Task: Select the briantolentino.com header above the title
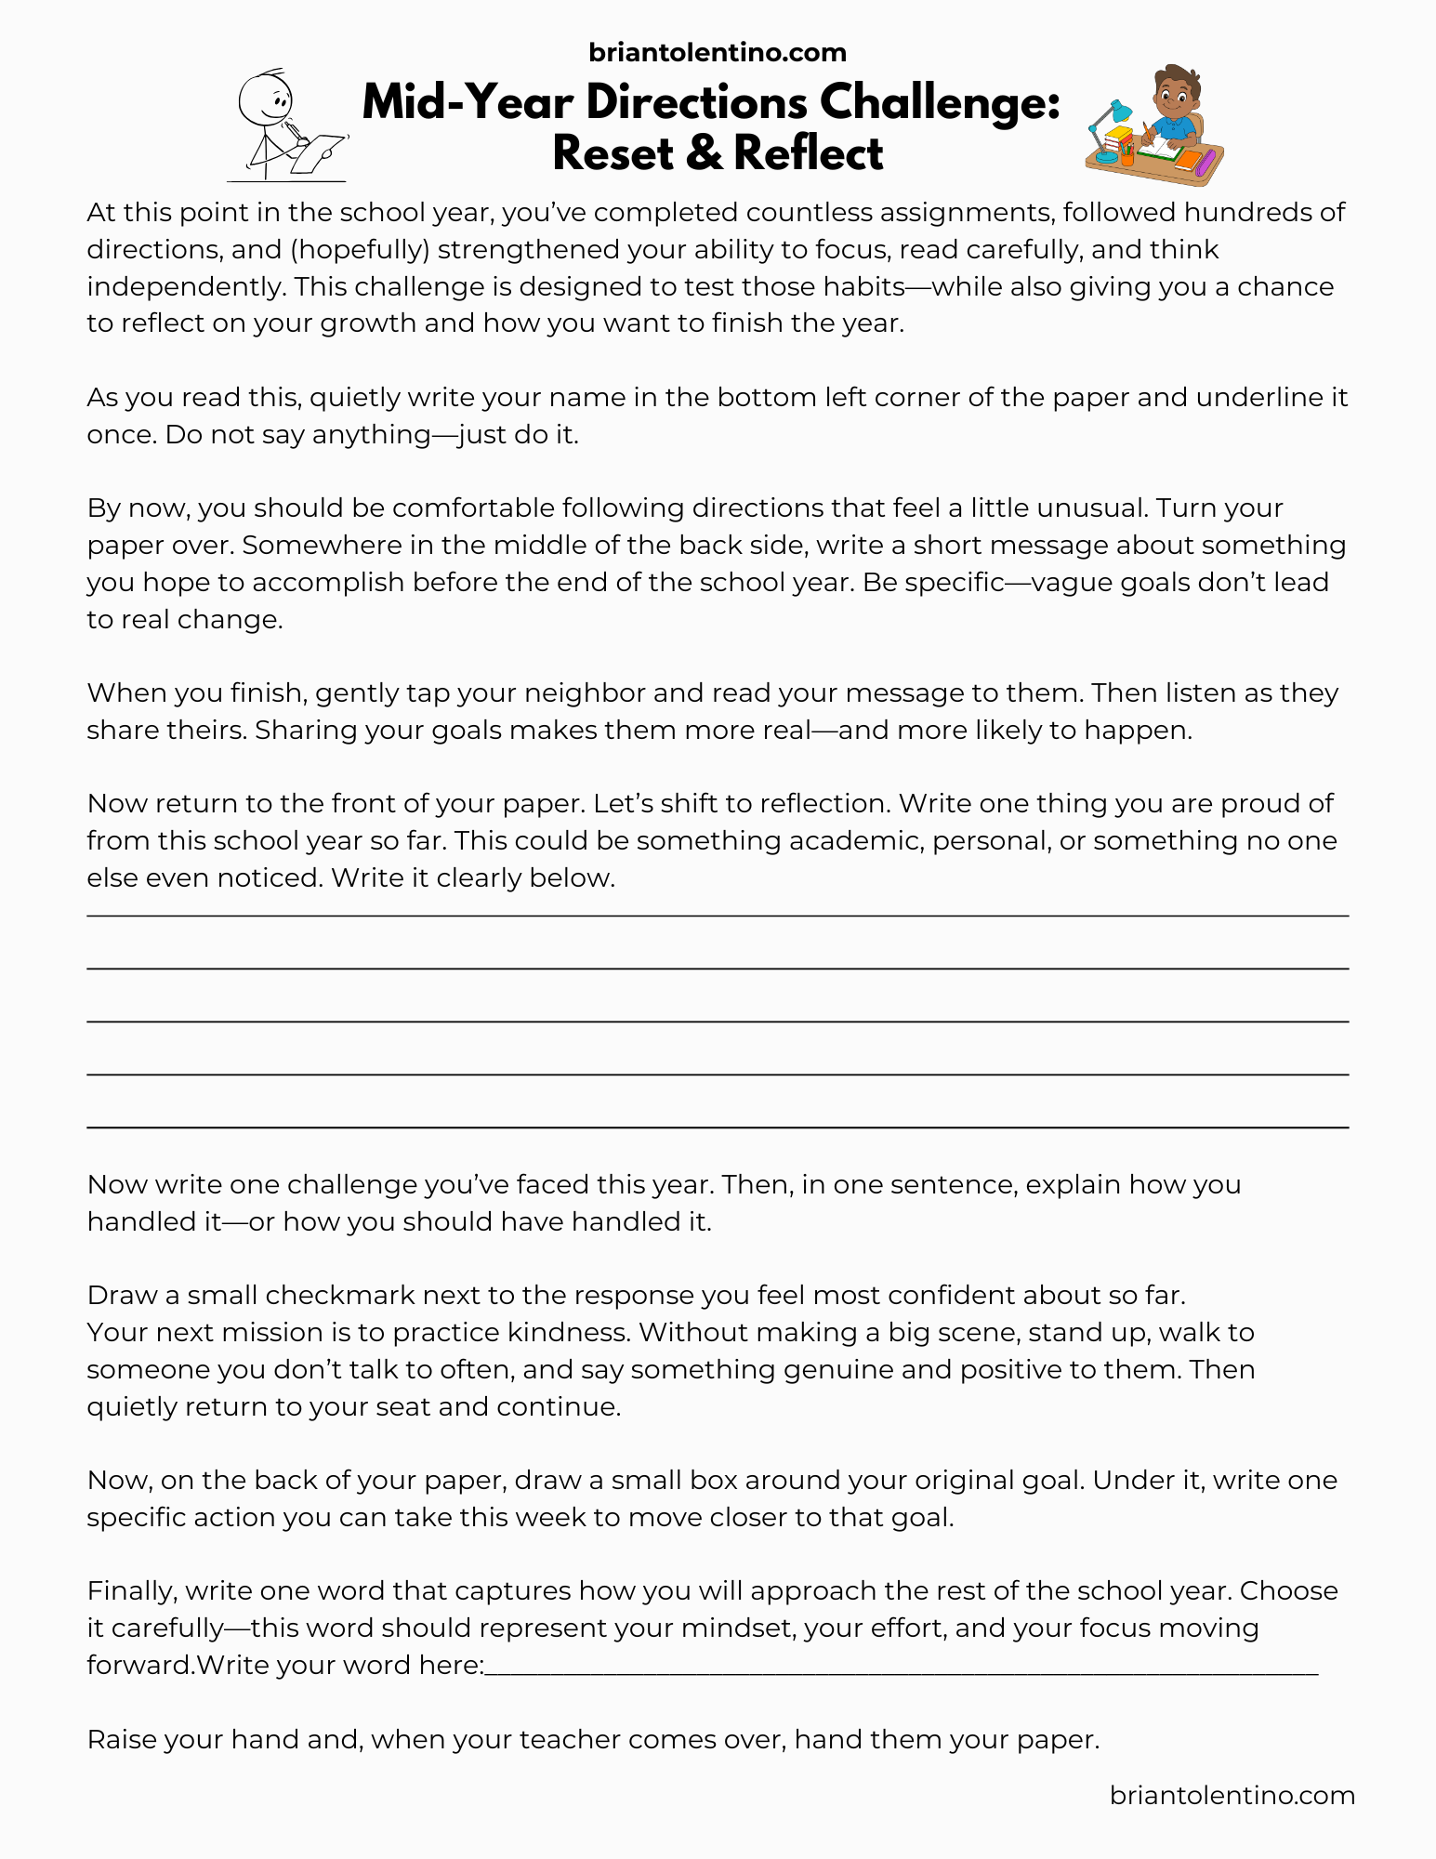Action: [x=718, y=52]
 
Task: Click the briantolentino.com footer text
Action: [x=1232, y=1795]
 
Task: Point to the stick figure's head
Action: [x=265, y=98]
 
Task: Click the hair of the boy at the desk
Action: [x=1176, y=79]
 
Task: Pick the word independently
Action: [x=186, y=286]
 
